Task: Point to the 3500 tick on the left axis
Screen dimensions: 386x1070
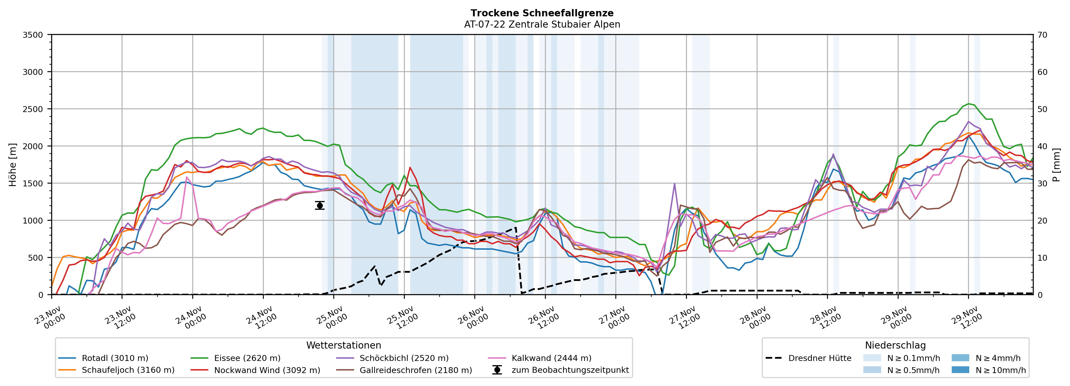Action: point(33,35)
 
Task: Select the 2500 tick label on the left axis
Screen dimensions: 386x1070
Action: point(33,109)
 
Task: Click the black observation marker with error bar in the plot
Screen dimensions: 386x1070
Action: point(320,206)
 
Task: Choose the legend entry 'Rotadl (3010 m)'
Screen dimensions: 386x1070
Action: point(115,358)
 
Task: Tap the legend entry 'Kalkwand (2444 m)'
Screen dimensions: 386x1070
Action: point(551,358)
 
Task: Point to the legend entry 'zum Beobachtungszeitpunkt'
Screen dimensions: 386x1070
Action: point(570,370)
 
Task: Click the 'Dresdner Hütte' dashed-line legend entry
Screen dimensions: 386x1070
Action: point(819,358)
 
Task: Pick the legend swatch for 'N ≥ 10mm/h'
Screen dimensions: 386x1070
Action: point(960,370)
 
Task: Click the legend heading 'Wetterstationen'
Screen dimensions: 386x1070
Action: point(343,345)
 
